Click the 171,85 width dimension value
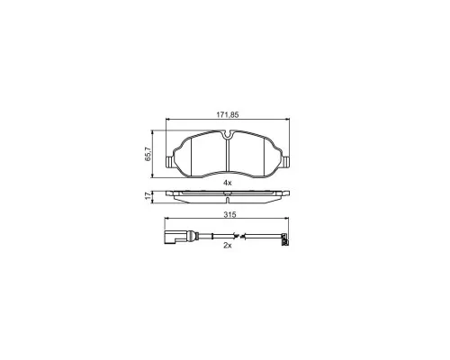[228, 114]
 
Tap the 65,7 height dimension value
[148, 155]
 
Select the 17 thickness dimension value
[148, 196]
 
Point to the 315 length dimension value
[230, 214]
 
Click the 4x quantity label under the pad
[228, 183]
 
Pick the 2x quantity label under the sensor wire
[228, 245]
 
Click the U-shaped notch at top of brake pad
[228, 135]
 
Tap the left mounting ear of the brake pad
[169, 162]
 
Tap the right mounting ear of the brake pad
[286, 161]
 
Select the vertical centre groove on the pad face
[228, 155]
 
